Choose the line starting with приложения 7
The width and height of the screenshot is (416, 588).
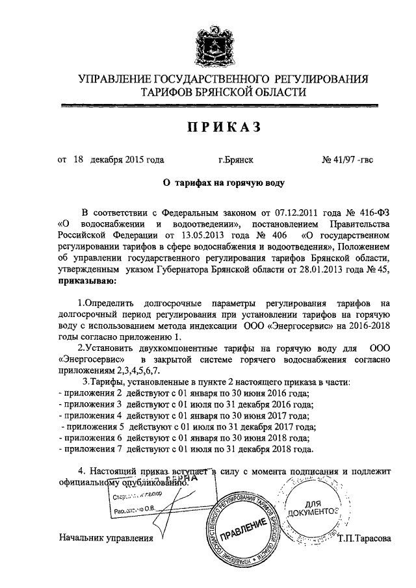[188, 448]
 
